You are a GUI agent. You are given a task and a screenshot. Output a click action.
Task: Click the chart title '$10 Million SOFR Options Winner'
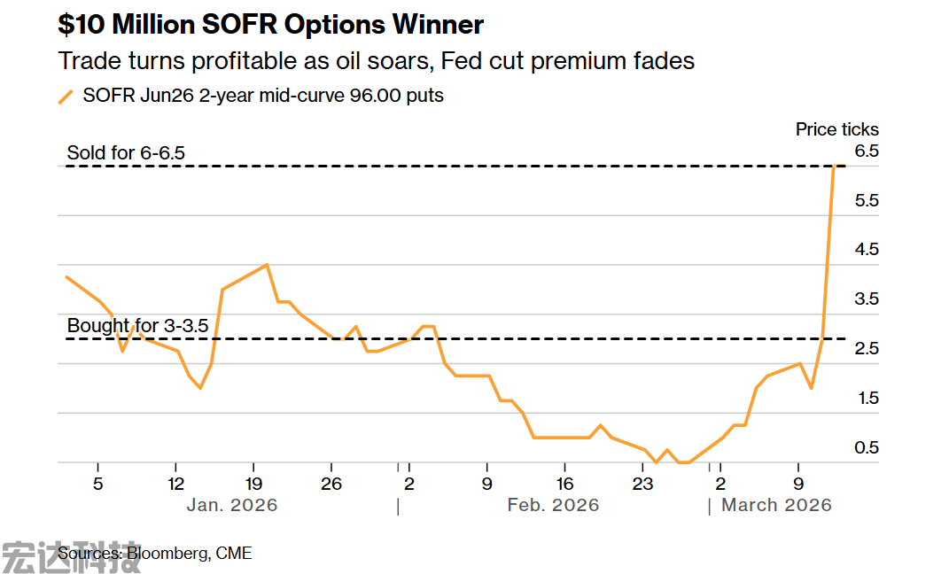click(271, 24)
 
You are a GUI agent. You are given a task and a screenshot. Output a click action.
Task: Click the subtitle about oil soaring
click(376, 61)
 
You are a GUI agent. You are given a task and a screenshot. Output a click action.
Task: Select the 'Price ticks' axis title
click(836, 129)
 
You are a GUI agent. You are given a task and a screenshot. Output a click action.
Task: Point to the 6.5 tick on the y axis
click(866, 151)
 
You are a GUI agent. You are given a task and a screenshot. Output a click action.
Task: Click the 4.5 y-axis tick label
click(866, 250)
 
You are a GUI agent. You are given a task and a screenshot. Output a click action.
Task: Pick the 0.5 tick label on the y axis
click(866, 448)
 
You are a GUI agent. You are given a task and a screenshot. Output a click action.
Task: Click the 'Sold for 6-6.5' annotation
click(126, 152)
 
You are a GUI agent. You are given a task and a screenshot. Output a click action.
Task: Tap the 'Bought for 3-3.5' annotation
click(137, 326)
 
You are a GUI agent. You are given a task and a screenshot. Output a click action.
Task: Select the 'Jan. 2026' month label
click(232, 505)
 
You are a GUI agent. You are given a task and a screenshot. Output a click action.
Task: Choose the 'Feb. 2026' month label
click(553, 505)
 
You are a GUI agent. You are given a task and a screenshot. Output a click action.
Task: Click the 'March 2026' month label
click(776, 505)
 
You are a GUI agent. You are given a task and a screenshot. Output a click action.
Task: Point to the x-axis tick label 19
click(253, 484)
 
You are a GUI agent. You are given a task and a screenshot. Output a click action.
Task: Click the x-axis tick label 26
click(331, 484)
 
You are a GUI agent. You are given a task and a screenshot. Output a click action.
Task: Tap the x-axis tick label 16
click(564, 484)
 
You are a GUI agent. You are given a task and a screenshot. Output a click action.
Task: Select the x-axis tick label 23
click(642, 484)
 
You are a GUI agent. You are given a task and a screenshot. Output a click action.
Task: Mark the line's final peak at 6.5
click(834, 167)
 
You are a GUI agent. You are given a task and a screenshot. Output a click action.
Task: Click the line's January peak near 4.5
click(267, 265)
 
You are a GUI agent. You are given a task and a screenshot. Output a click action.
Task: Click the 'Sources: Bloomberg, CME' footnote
click(155, 554)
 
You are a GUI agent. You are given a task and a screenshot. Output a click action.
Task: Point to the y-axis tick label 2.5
click(866, 349)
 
